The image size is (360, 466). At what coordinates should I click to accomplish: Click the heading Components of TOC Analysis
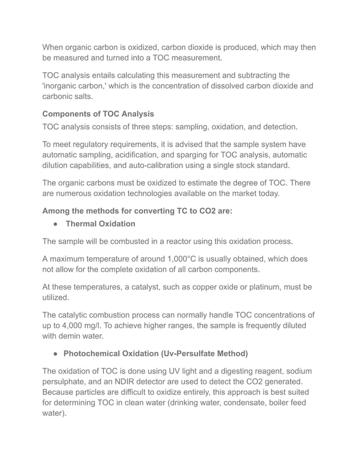[98, 114]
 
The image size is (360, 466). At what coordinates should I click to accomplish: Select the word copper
[206, 287]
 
